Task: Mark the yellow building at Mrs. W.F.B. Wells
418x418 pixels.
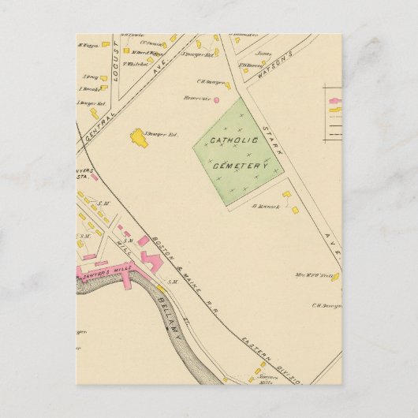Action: click(334, 277)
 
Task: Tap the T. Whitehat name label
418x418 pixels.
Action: click(138, 63)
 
